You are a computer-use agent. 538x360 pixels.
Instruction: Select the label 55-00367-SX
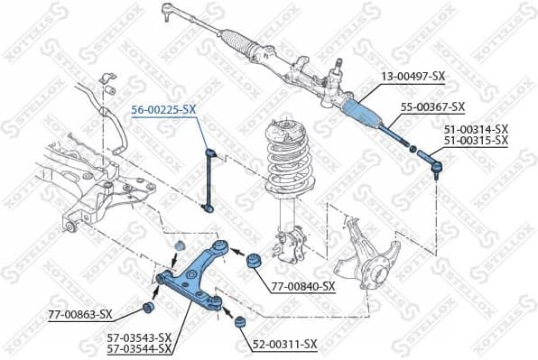click(x=432, y=106)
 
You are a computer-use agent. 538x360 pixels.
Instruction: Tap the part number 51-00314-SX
click(x=476, y=129)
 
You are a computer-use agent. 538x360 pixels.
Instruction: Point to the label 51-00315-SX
click(x=476, y=141)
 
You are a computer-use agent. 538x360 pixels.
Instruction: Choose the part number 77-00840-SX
click(x=303, y=286)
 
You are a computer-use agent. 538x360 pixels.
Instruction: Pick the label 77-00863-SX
click(x=81, y=314)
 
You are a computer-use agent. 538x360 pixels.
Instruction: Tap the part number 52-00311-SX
click(x=285, y=344)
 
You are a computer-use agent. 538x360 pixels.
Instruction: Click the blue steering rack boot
click(x=366, y=114)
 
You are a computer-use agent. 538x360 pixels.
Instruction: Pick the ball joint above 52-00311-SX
click(x=240, y=321)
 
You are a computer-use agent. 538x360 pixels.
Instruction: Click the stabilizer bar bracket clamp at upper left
click(x=108, y=81)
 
